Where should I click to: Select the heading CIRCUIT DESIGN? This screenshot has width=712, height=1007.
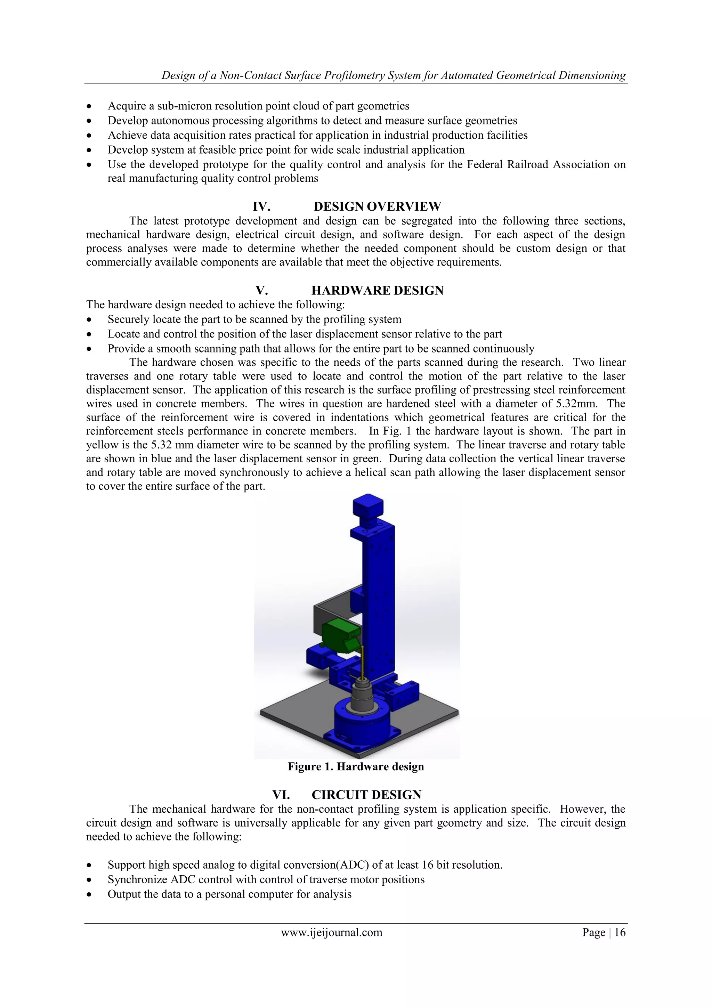(366, 795)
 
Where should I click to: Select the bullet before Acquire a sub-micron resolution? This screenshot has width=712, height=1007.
(89, 107)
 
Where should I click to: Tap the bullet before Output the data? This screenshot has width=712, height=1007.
(89, 895)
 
